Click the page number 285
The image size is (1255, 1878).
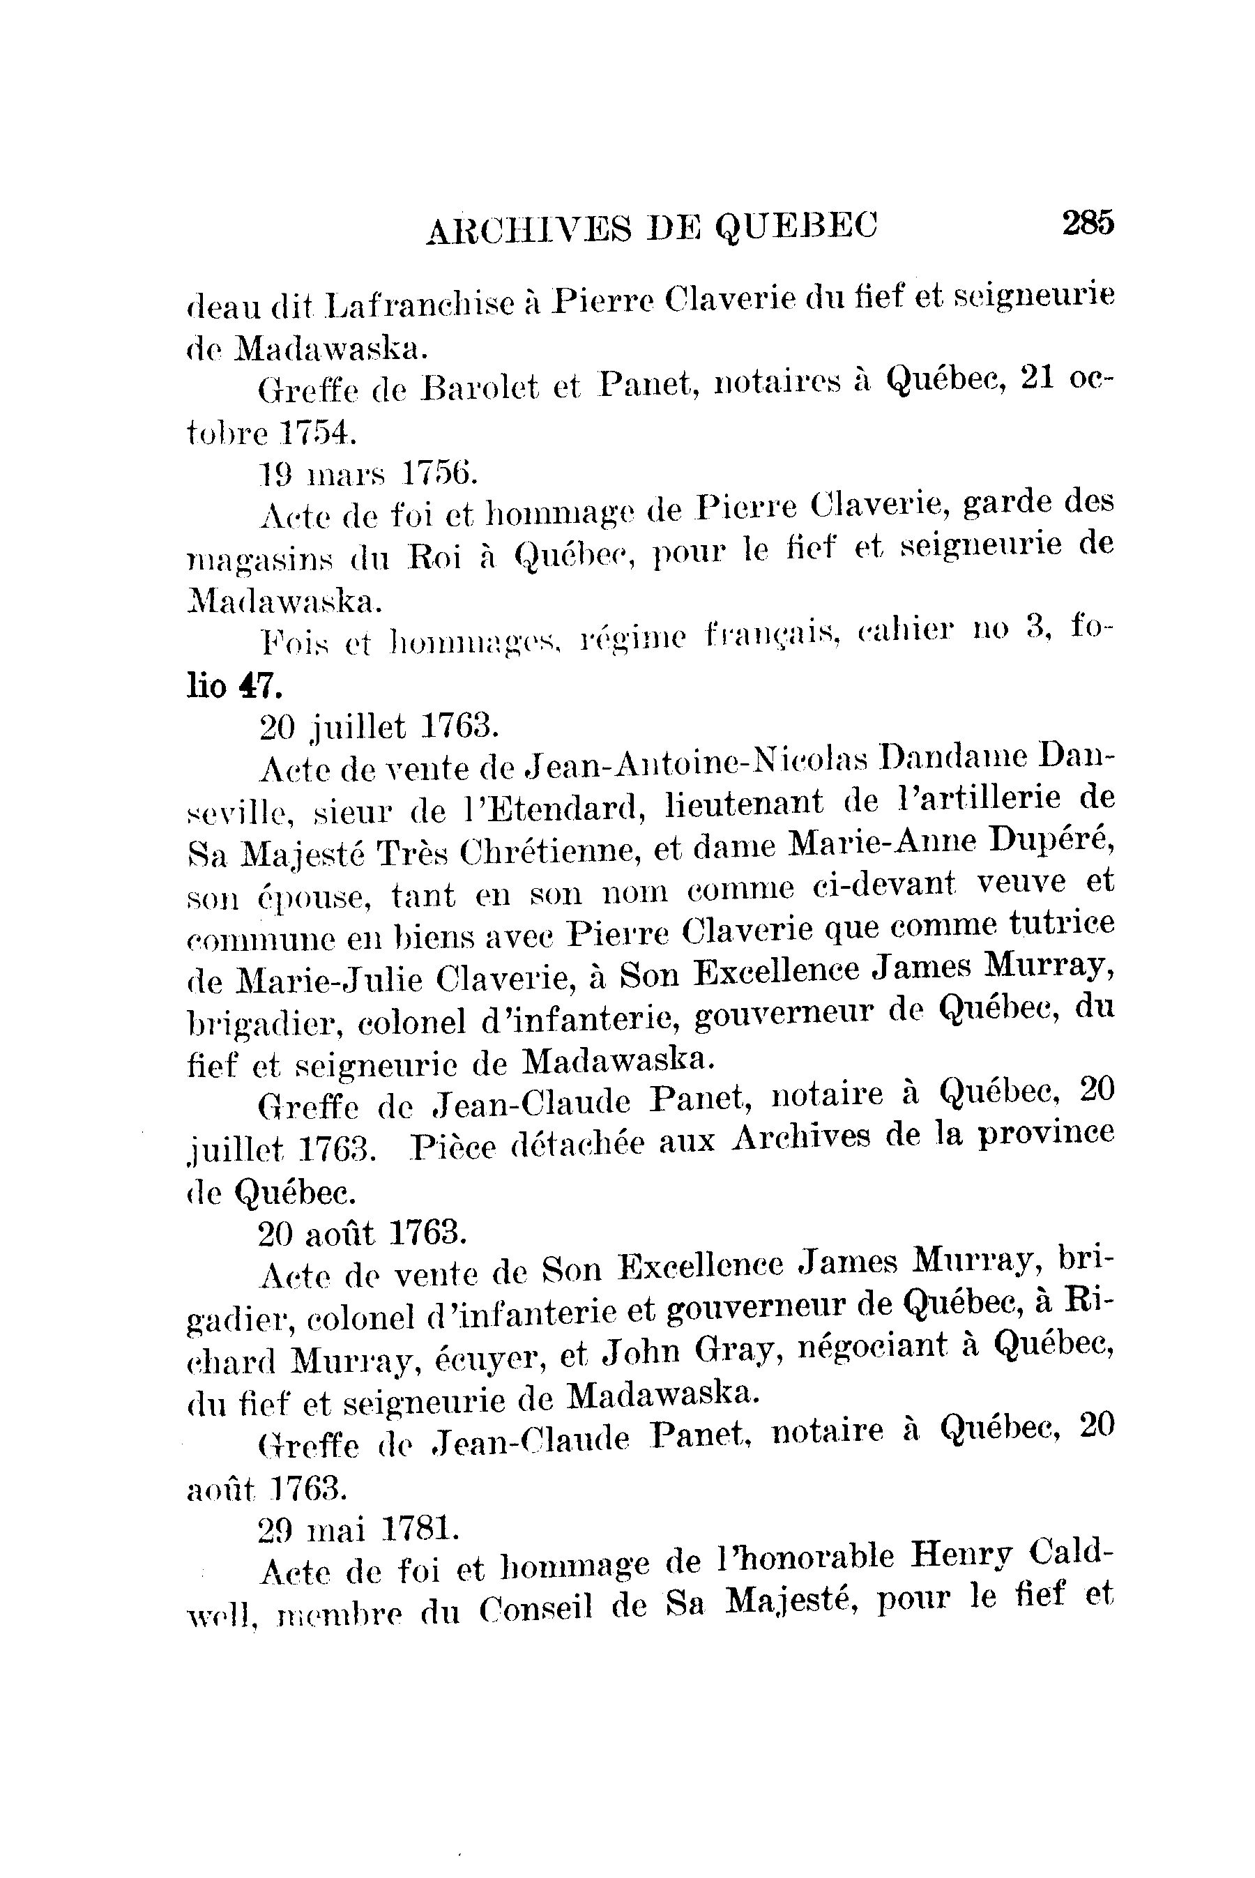click(x=1088, y=222)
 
